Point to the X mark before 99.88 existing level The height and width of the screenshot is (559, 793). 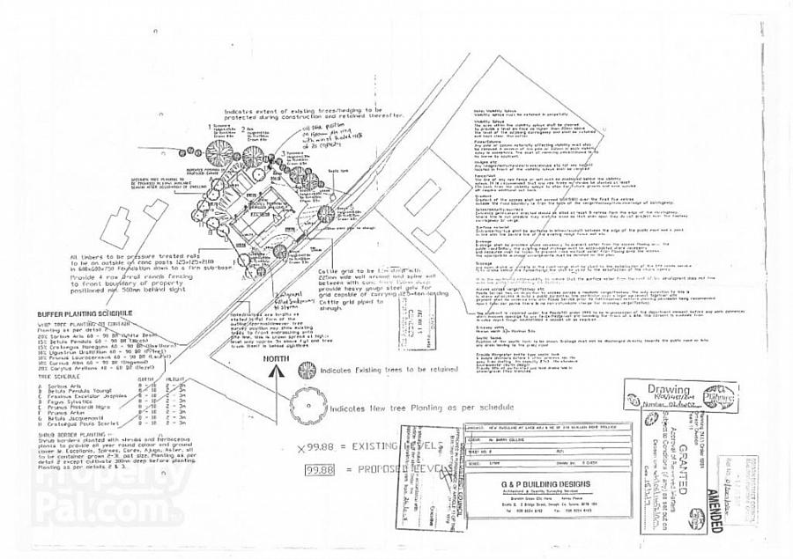pos(301,449)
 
